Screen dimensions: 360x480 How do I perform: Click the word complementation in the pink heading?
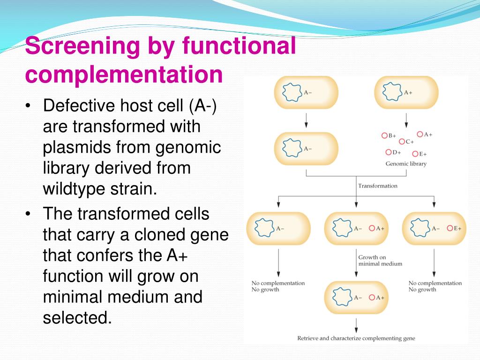point(124,75)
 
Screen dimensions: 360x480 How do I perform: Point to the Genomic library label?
point(406,164)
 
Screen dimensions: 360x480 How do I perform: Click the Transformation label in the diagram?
point(377,186)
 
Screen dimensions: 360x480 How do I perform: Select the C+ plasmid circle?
point(402,141)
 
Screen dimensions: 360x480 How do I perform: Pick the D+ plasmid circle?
point(389,152)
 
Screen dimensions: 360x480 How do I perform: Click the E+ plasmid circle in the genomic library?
point(415,153)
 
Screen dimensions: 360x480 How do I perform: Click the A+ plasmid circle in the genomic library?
point(420,135)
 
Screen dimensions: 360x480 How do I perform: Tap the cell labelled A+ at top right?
point(406,92)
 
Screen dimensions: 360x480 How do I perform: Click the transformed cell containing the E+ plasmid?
point(434,228)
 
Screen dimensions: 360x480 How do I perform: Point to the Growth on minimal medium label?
point(380,261)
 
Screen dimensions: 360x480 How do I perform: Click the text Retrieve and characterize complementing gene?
point(356,338)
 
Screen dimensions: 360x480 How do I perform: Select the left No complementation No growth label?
point(278,286)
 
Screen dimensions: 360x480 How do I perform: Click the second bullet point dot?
point(29,214)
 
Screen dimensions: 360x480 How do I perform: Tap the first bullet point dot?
point(29,106)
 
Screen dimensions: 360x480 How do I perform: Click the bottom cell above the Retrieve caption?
point(356,297)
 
